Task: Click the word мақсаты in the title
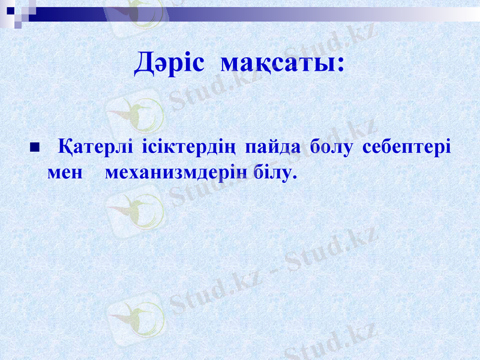click(x=277, y=63)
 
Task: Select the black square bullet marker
click(x=34, y=147)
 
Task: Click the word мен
click(x=64, y=173)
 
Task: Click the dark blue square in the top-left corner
click(x=11, y=10)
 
